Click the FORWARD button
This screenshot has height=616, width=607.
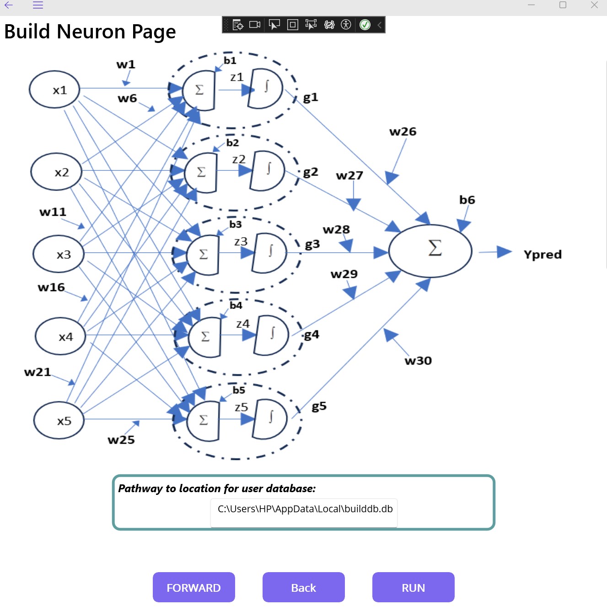(193, 587)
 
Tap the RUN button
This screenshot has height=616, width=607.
(413, 587)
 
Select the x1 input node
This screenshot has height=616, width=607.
(55, 90)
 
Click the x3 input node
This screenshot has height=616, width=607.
(59, 254)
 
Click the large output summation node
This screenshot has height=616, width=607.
(430, 250)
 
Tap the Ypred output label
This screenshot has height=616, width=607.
(543, 254)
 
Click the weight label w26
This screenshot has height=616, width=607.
(403, 132)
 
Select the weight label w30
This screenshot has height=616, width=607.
(418, 361)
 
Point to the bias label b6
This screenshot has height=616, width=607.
(467, 200)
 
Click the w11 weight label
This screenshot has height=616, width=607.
(53, 212)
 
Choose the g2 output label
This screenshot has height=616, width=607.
(311, 172)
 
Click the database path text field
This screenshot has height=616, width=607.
(304, 509)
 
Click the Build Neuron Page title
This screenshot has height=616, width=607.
(90, 32)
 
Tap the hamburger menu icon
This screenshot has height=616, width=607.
(38, 5)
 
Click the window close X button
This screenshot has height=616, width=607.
(594, 5)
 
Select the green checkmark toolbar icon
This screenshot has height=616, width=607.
(365, 25)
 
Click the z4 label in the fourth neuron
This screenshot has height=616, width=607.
(243, 324)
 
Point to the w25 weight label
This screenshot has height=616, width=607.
(121, 440)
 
